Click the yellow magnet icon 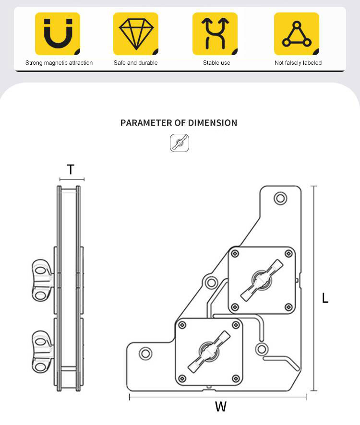[x=58, y=34]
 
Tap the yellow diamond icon [x=136, y=34]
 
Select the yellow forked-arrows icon [x=215, y=34]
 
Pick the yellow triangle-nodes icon [x=297, y=34]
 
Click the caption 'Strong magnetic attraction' [x=59, y=63]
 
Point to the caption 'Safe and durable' [x=136, y=63]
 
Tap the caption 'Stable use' [x=216, y=63]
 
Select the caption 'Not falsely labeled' [x=298, y=63]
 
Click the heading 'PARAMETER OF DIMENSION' [x=179, y=123]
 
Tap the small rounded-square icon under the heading [x=180, y=143]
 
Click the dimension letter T [x=71, y=170]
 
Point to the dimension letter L [x=325, y=298]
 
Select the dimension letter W [x=220, y=407]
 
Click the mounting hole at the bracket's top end [x=280, y=198]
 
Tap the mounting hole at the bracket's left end [x=145, y=354]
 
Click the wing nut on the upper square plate [x=262, y=280]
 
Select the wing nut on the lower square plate [x=209, y=352]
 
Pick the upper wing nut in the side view [x=42, y=280]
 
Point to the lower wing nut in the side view [x=42, y=352]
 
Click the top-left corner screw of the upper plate [x=235, y=254]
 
